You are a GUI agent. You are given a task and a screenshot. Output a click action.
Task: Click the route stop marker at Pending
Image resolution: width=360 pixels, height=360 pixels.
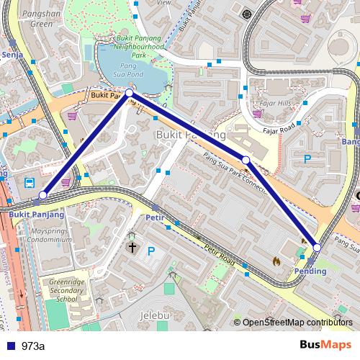pos(317,248)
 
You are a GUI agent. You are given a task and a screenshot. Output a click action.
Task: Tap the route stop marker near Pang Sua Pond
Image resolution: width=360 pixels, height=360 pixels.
pos(129,93)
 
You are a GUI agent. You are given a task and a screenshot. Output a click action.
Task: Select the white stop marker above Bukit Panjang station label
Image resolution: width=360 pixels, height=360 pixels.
pos(43,195)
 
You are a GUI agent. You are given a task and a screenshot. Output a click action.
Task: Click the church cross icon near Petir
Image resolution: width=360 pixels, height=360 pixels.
pos(132,248)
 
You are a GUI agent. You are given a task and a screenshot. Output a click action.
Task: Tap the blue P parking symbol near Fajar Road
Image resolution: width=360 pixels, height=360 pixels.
pos(308,159)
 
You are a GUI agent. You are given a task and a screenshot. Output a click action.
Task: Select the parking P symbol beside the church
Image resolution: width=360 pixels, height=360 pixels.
pos(151,251)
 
